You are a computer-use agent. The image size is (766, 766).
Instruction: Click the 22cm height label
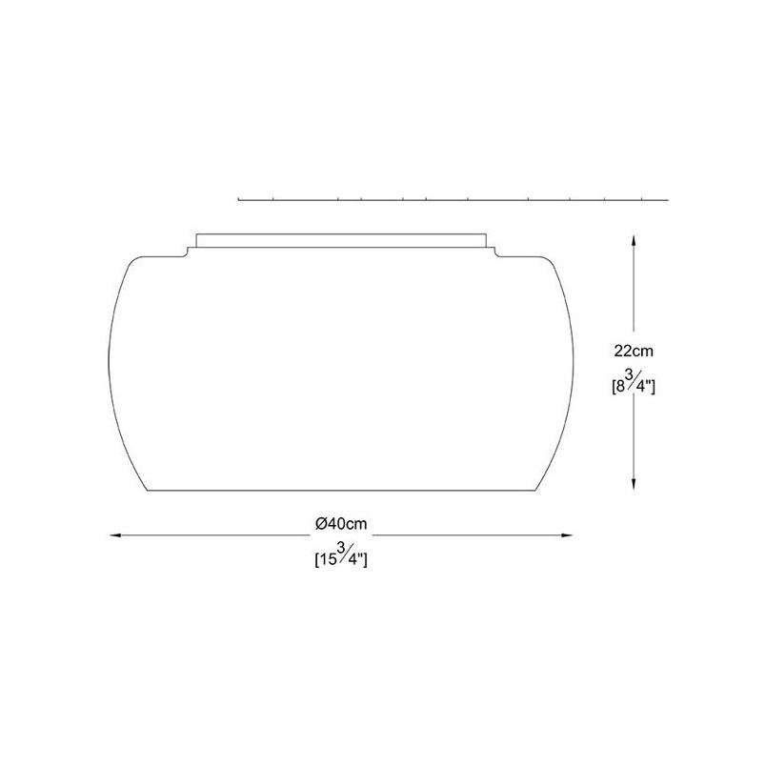pyautogui.click(x=634, y=351)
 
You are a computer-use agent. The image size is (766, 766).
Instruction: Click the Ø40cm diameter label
pyautogui.click(x=341, y=524)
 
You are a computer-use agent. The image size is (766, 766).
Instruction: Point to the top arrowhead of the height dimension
pyautogui.click(x=634, y=240)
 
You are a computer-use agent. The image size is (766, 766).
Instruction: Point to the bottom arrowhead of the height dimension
pyautogui.click(x=634, y=484)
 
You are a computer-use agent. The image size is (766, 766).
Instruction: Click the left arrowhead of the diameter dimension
pyautogui.click(x=115, y=535)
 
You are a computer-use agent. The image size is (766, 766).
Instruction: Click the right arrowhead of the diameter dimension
pyautogui.click(x=567, y=535)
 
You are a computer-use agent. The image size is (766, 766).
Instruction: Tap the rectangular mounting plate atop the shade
pyautogui.click(x=341, y=241)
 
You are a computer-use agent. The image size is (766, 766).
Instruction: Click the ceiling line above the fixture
pyautogui.click(x=453, y=199)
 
